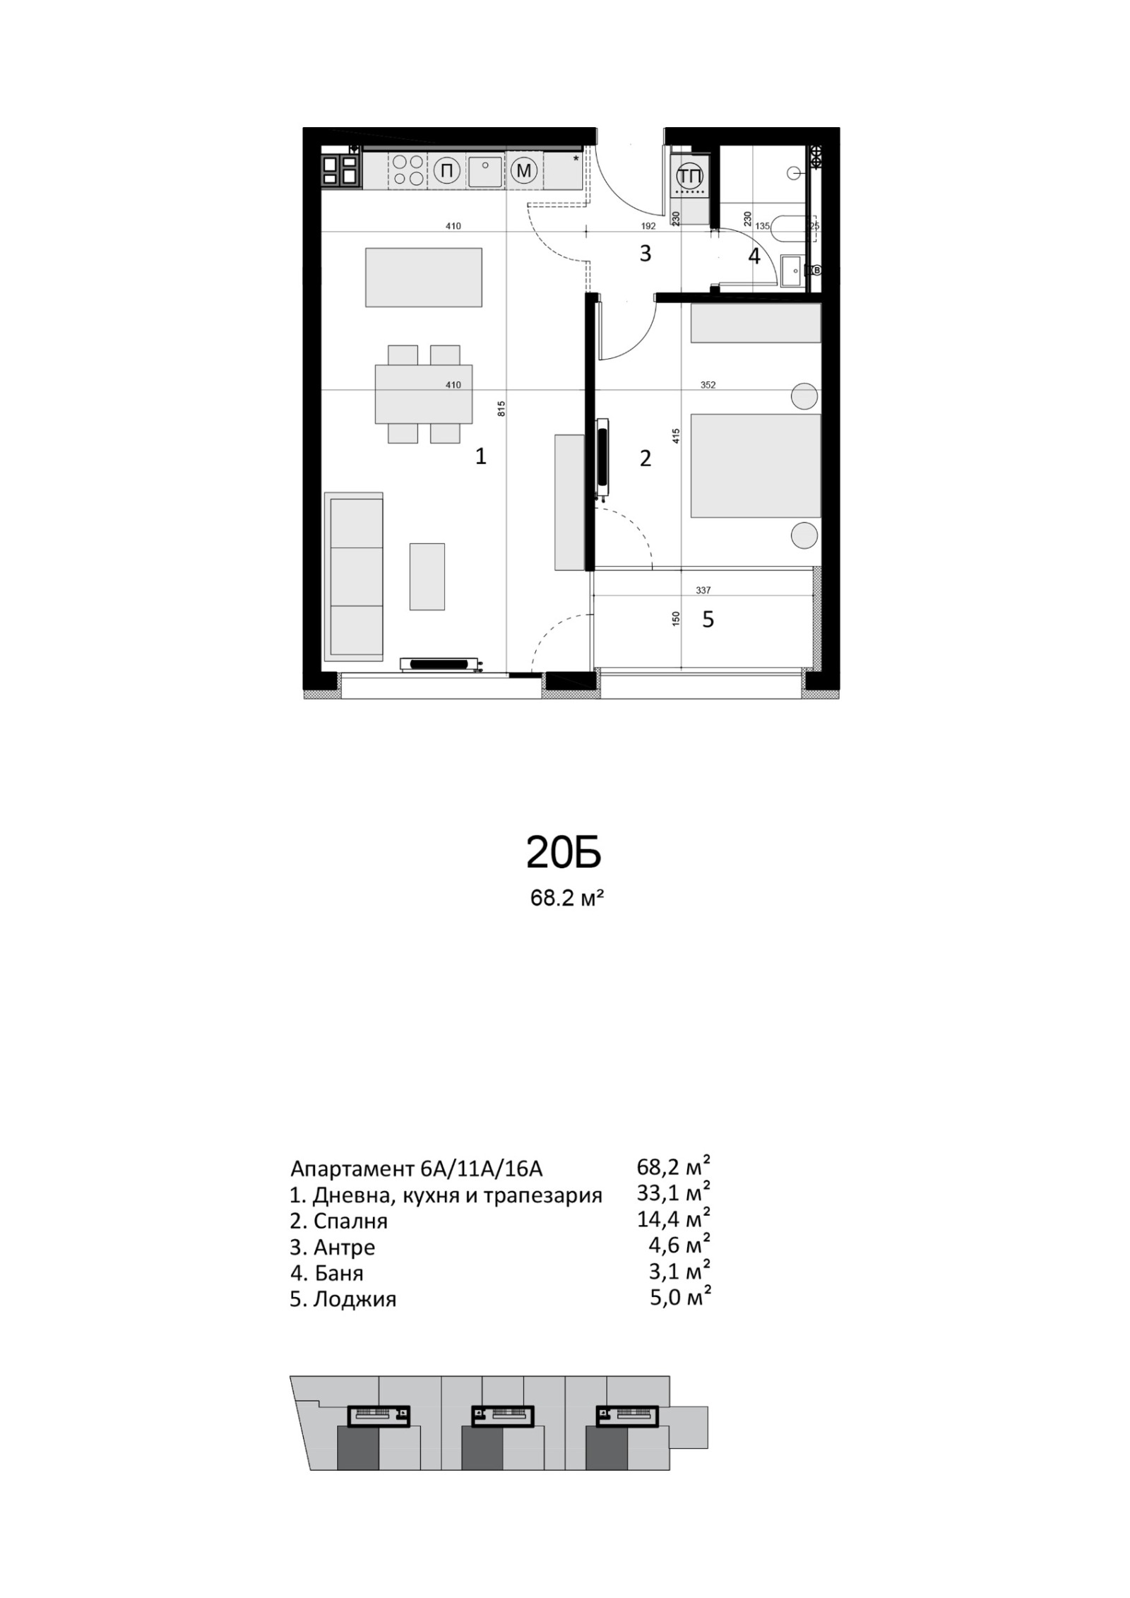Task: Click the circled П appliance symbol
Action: (x=446, y=170)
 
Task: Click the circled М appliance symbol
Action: (x=523, y=170)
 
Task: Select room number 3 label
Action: (x=645, y=254)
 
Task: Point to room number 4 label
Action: (x=754, y=256)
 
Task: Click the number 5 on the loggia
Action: (x=708, y=620)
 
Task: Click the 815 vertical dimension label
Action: (x=501, y=408)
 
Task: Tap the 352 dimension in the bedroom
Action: (x=708, y=385)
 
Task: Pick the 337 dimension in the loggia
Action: (x=703, y=591)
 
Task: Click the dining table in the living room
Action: (x=424, y=393)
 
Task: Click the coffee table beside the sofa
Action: (x=427, y=576)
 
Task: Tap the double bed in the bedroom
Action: (x=756, y=466)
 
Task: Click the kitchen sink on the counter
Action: (x=484, y=170)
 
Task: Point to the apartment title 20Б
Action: (x=563, y=853)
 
